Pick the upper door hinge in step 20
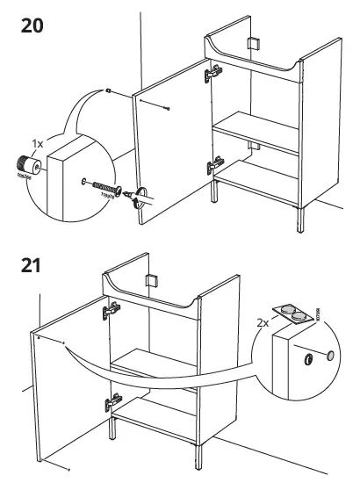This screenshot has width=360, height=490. click(212, 76)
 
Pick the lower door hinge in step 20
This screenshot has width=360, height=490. click(212, 164)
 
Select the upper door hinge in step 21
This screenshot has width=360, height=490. click(112, 309)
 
